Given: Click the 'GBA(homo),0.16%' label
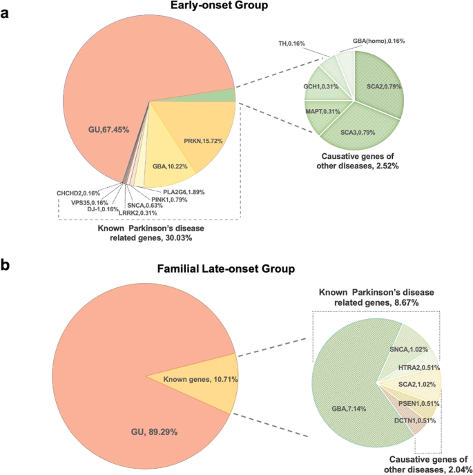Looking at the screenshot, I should pos(378,41).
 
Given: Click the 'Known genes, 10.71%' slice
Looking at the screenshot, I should pos(197,378).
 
